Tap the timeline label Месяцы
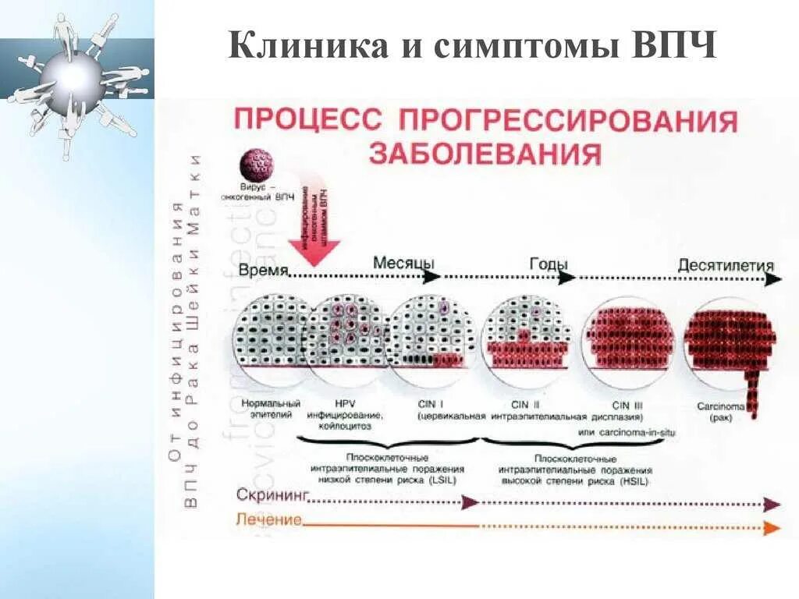pyautogui.click(x=403, y=263)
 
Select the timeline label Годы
pyautogui.click(x=549, y=264)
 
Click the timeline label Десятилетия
pyautogui.click(x=725, y=265)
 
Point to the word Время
pyautogui.click(x=264, y=271)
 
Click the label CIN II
pyautogui.click(x=525, y=405)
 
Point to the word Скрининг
pyautogui.click(x=273, y=495)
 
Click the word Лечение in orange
pyautogui.click(x=268, y=520)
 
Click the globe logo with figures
pyautogui.click(x=74, y=78)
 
